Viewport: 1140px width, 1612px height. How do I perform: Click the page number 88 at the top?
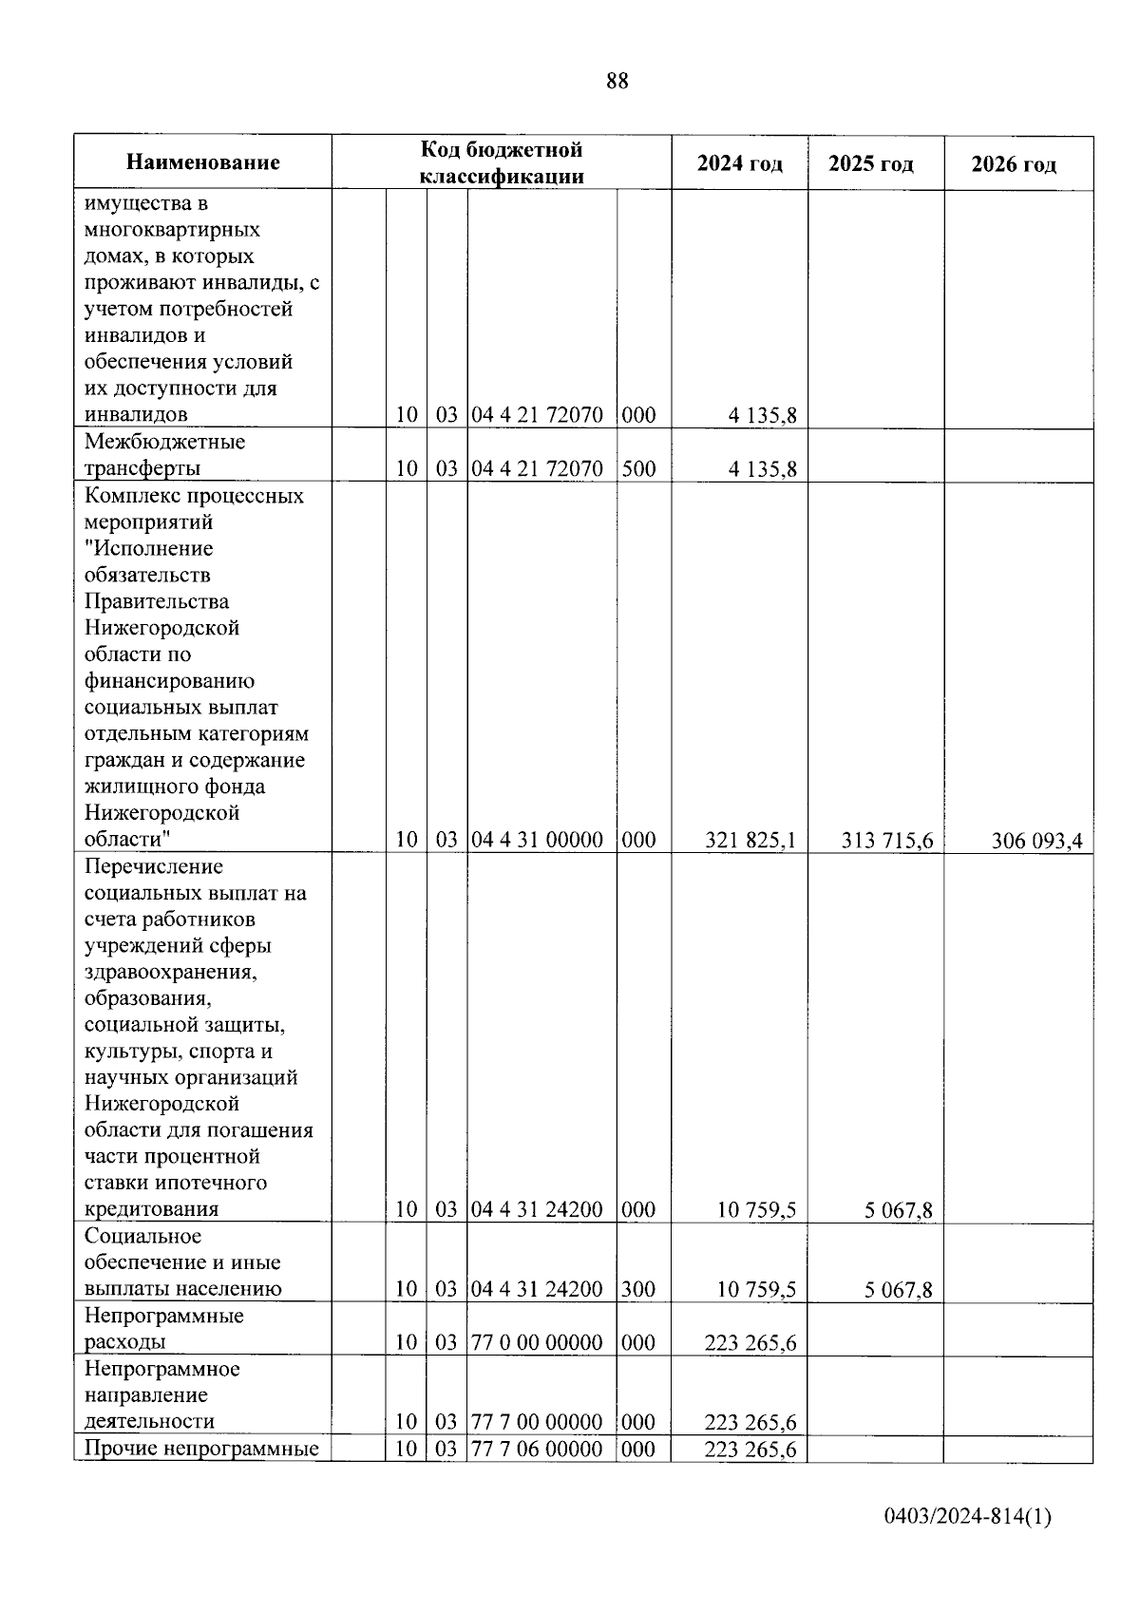pos(617,82)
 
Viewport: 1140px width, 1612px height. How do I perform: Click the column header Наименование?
pos(203,162)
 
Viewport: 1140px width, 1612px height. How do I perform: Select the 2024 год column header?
pos(740,163)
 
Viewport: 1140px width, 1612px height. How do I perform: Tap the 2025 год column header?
pos(871,163)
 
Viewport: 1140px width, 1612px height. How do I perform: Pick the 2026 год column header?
pos(1014,164)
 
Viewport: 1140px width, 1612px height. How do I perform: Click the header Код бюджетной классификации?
pos(502,162)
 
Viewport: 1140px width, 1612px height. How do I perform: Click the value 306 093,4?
pos(1036,841)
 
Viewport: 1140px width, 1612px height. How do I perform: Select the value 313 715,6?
pos(887,841)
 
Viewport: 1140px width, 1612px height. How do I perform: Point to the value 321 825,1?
pos(750,841)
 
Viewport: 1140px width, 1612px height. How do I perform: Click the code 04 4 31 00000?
pos(538,841)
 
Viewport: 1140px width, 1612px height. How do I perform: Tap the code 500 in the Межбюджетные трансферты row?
pos(639,469)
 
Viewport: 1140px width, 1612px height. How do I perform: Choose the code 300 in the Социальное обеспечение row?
pos(639,1290)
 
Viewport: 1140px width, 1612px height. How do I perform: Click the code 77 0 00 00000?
pos(538,1343)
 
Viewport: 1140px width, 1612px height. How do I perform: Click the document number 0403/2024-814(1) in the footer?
pos(967,1518)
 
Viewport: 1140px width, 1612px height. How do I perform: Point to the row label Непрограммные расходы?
pos(163,1329)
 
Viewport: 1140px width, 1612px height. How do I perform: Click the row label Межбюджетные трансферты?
pos(163,455)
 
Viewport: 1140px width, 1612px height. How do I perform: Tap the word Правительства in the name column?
pos(157,602)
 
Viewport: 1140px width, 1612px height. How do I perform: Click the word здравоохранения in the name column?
pos(171,973)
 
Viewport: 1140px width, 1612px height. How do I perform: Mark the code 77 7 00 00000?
pos(538,1423)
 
